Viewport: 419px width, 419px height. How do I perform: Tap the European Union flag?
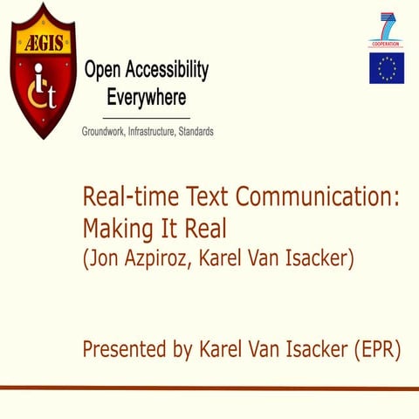pos(386,68)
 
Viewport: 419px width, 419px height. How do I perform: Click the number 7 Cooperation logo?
pos(386,29)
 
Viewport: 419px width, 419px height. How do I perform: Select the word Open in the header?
pos(103,70)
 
